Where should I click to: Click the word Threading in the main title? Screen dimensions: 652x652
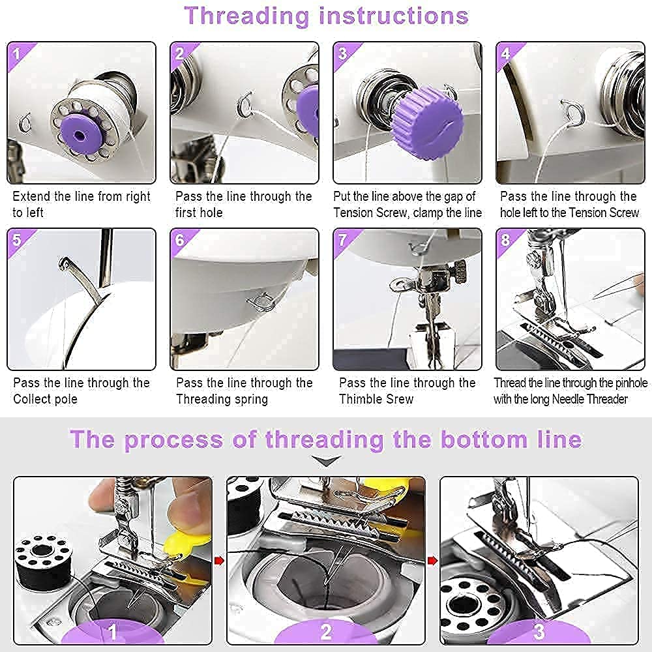pos(247,16)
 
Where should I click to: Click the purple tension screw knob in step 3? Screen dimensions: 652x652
pos(428,121)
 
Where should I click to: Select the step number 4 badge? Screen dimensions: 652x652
pos(506,53)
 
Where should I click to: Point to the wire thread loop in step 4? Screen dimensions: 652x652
pos(572,113)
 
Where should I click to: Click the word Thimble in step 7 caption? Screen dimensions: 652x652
pos(361,399)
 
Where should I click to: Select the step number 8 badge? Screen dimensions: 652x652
pos(506,239)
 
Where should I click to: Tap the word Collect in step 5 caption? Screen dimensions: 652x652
pos(31,399)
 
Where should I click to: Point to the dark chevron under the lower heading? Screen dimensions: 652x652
pos(326,461)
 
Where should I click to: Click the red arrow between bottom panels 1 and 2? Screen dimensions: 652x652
pos(219,561)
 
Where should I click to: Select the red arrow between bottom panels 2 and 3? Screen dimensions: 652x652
pos(432,561)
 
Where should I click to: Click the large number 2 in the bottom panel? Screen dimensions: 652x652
pos(327,632)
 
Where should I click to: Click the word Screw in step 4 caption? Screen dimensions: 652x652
pos(624,213)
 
